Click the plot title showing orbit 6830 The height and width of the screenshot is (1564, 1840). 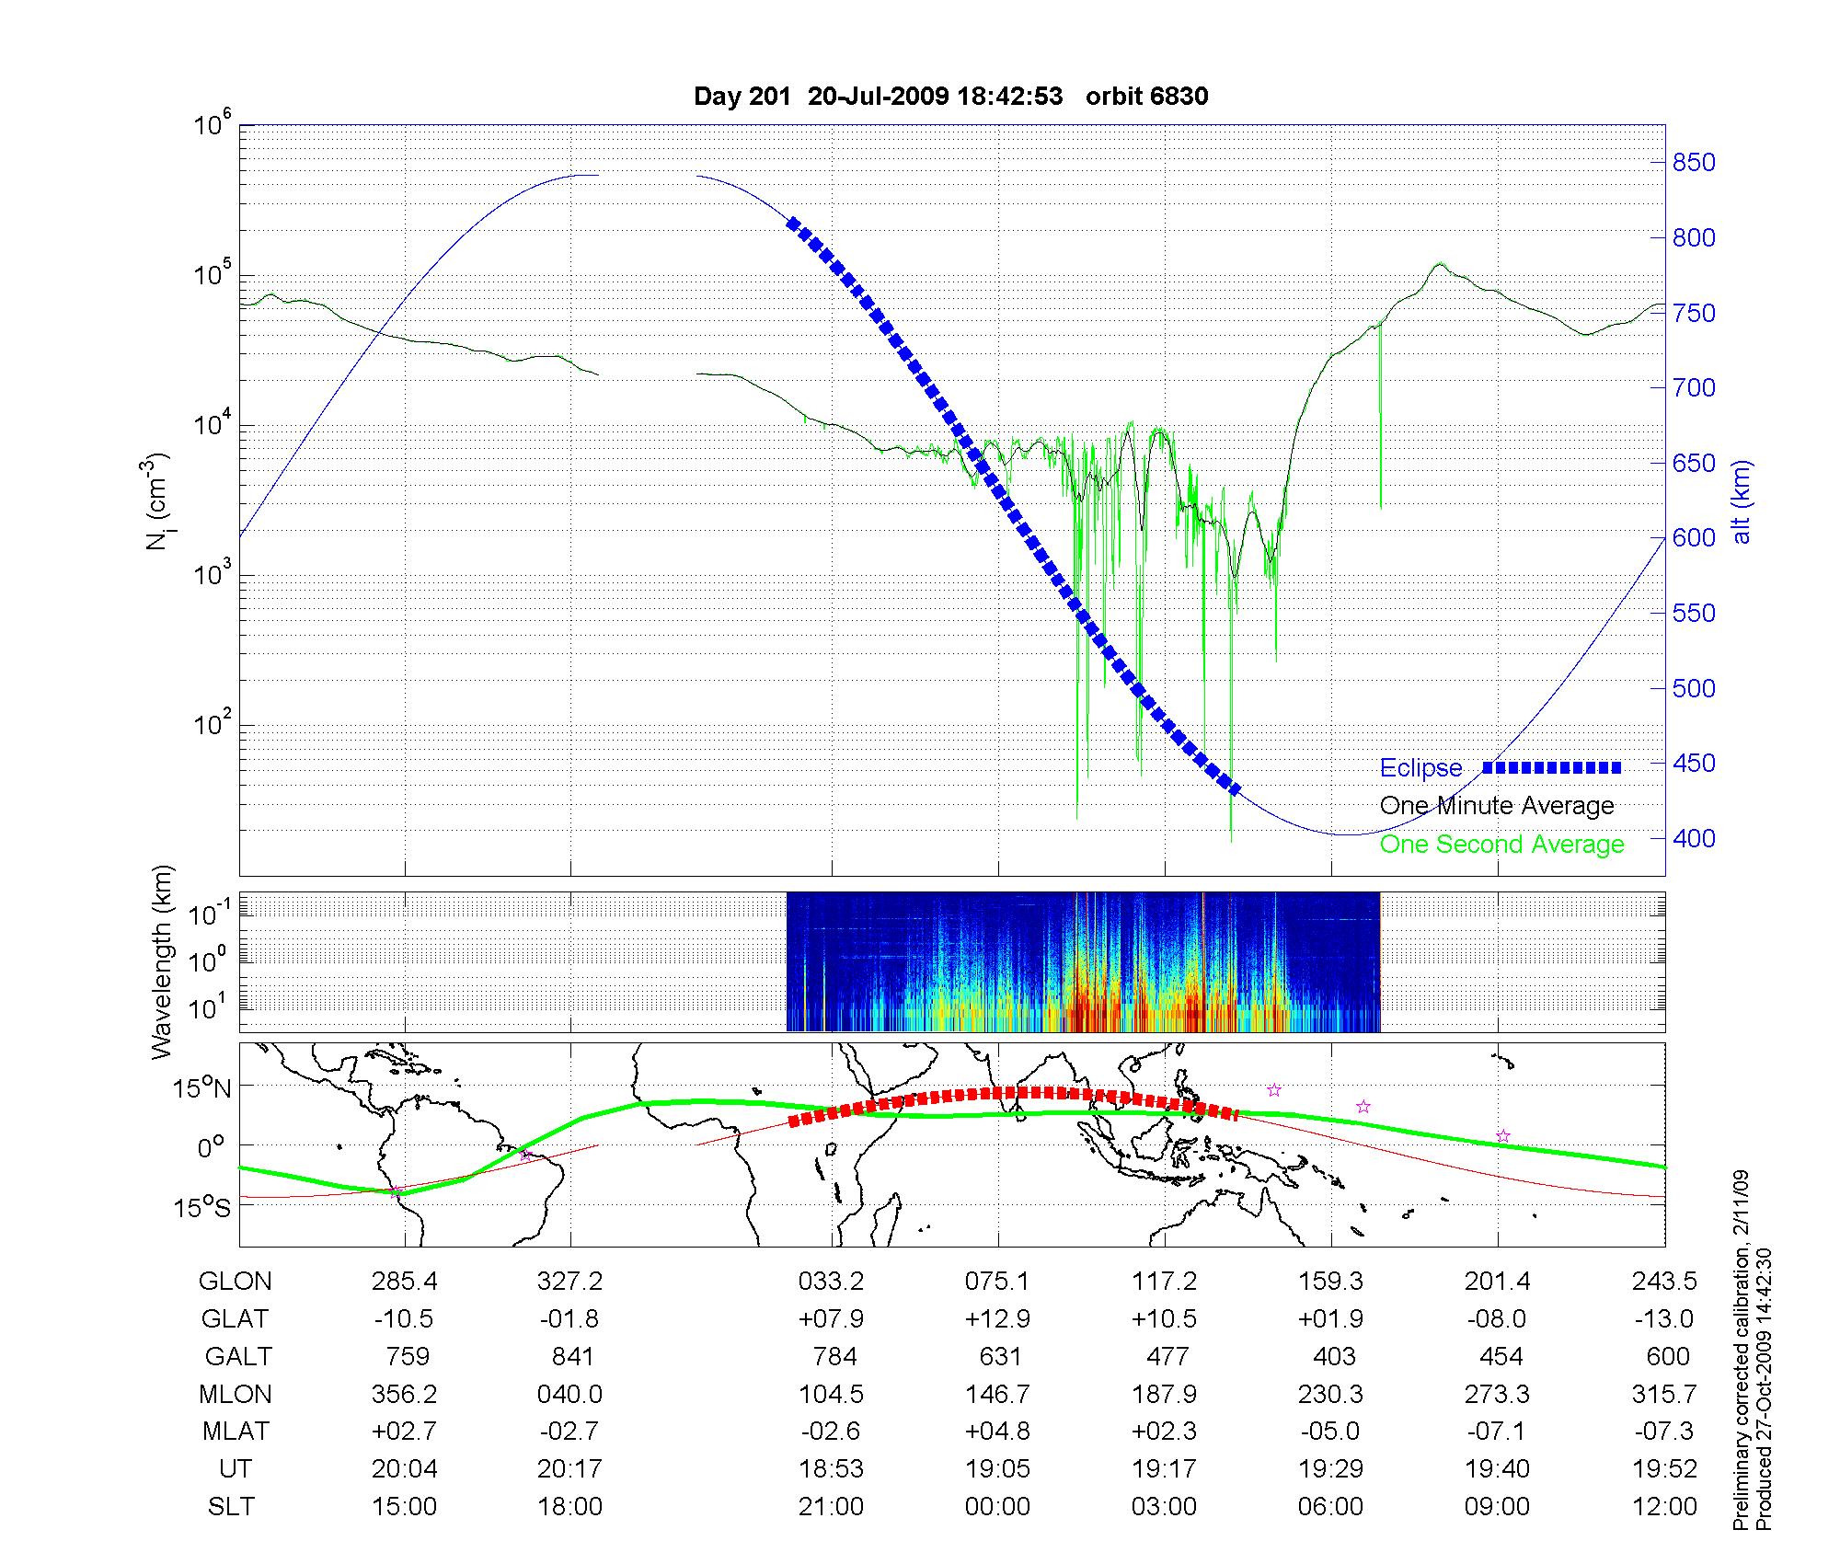click(x=950, y=97)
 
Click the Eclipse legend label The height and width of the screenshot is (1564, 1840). click(x=1420, y=768)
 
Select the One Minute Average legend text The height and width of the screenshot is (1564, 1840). click(x=1497, y=806)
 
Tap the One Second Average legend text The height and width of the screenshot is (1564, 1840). click(x=1501, y=845)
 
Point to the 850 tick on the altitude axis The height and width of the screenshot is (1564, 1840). click(x=1694, y=163)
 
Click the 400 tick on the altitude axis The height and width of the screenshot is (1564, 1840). click(x=1694, y=838)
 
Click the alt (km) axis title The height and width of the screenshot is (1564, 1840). click(x=1742, y=501)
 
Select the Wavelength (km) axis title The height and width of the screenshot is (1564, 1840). click(x=162, y=961)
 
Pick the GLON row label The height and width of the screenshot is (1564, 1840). click(x=235, y=1282)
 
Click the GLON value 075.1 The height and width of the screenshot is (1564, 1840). click(x=998, y=1282)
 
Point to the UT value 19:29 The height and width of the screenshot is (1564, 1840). click(x=1330, y=1469)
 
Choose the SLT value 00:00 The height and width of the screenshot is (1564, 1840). click(x=998, y=1507)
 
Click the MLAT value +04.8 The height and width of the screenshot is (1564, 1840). click(x=998, y=1432)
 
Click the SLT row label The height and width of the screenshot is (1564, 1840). click(x=231, y=1507)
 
